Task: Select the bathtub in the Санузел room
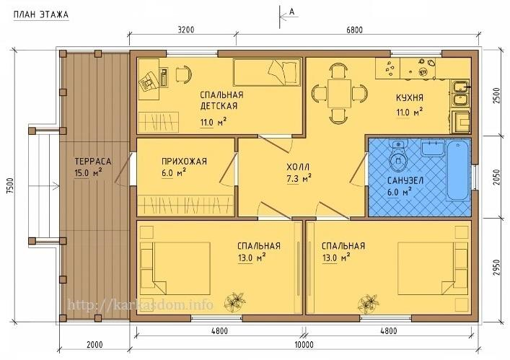point(458,170)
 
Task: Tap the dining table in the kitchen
point(339,93)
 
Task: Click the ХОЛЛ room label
point(298,167)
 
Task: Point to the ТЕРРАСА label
point(93,162)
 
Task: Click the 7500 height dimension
point(10,186)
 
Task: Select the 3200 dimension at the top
point(186,30)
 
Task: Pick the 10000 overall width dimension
point(304,345)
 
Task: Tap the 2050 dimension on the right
point(496,177)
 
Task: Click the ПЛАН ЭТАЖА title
point(41,14)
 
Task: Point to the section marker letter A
point(291,12)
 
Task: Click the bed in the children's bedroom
point(267,72)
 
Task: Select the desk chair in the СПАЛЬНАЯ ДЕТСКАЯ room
point(184,74)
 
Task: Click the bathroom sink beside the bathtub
point(433,149)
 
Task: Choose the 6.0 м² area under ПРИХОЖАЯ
point(173,172)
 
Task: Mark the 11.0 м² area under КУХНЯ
point(409,113)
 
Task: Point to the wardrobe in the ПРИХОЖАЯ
point(185,205)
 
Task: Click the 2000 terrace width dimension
point(94,345)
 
